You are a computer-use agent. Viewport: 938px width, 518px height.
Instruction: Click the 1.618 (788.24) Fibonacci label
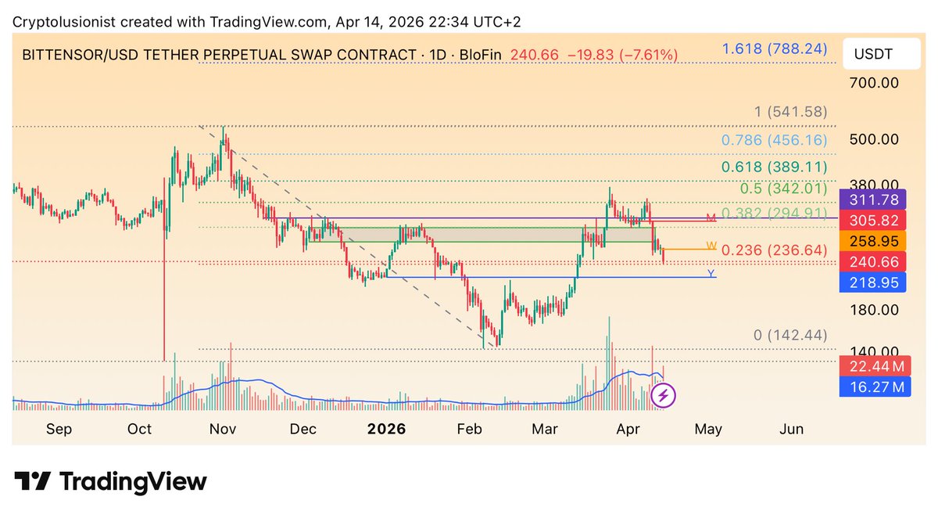pyautogui.click(x=774, y=49)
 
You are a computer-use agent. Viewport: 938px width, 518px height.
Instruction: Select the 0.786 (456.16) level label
pyautogui.click(x=774, y=141)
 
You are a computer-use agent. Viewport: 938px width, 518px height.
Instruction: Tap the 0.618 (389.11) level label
pyautogui.click(x=774, y=166)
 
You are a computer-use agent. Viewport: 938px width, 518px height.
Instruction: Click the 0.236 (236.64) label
pyautogui.click(x=774, y=250)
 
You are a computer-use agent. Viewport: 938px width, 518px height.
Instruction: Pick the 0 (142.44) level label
pyautogui.click(x=790, y=335)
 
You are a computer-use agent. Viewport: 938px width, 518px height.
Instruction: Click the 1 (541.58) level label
pyautogui.click(x=790, y=112)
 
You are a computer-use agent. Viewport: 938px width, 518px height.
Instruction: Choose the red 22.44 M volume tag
pyautogui.click(x=875, y=366)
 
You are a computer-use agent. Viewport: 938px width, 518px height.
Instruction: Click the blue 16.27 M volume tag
pyautogui.click(x=875, y=387)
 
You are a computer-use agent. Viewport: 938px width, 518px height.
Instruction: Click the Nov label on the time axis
pyautogui.click(x=224, y=429)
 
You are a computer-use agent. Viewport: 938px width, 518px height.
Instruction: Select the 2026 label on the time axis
pyautogui.click(x=386, y=429)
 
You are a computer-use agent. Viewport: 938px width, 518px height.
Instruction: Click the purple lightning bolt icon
pyautogui.click(x=664, y=395)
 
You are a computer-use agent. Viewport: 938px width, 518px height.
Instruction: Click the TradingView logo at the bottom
pyautogui.click(x=110, y=481)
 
